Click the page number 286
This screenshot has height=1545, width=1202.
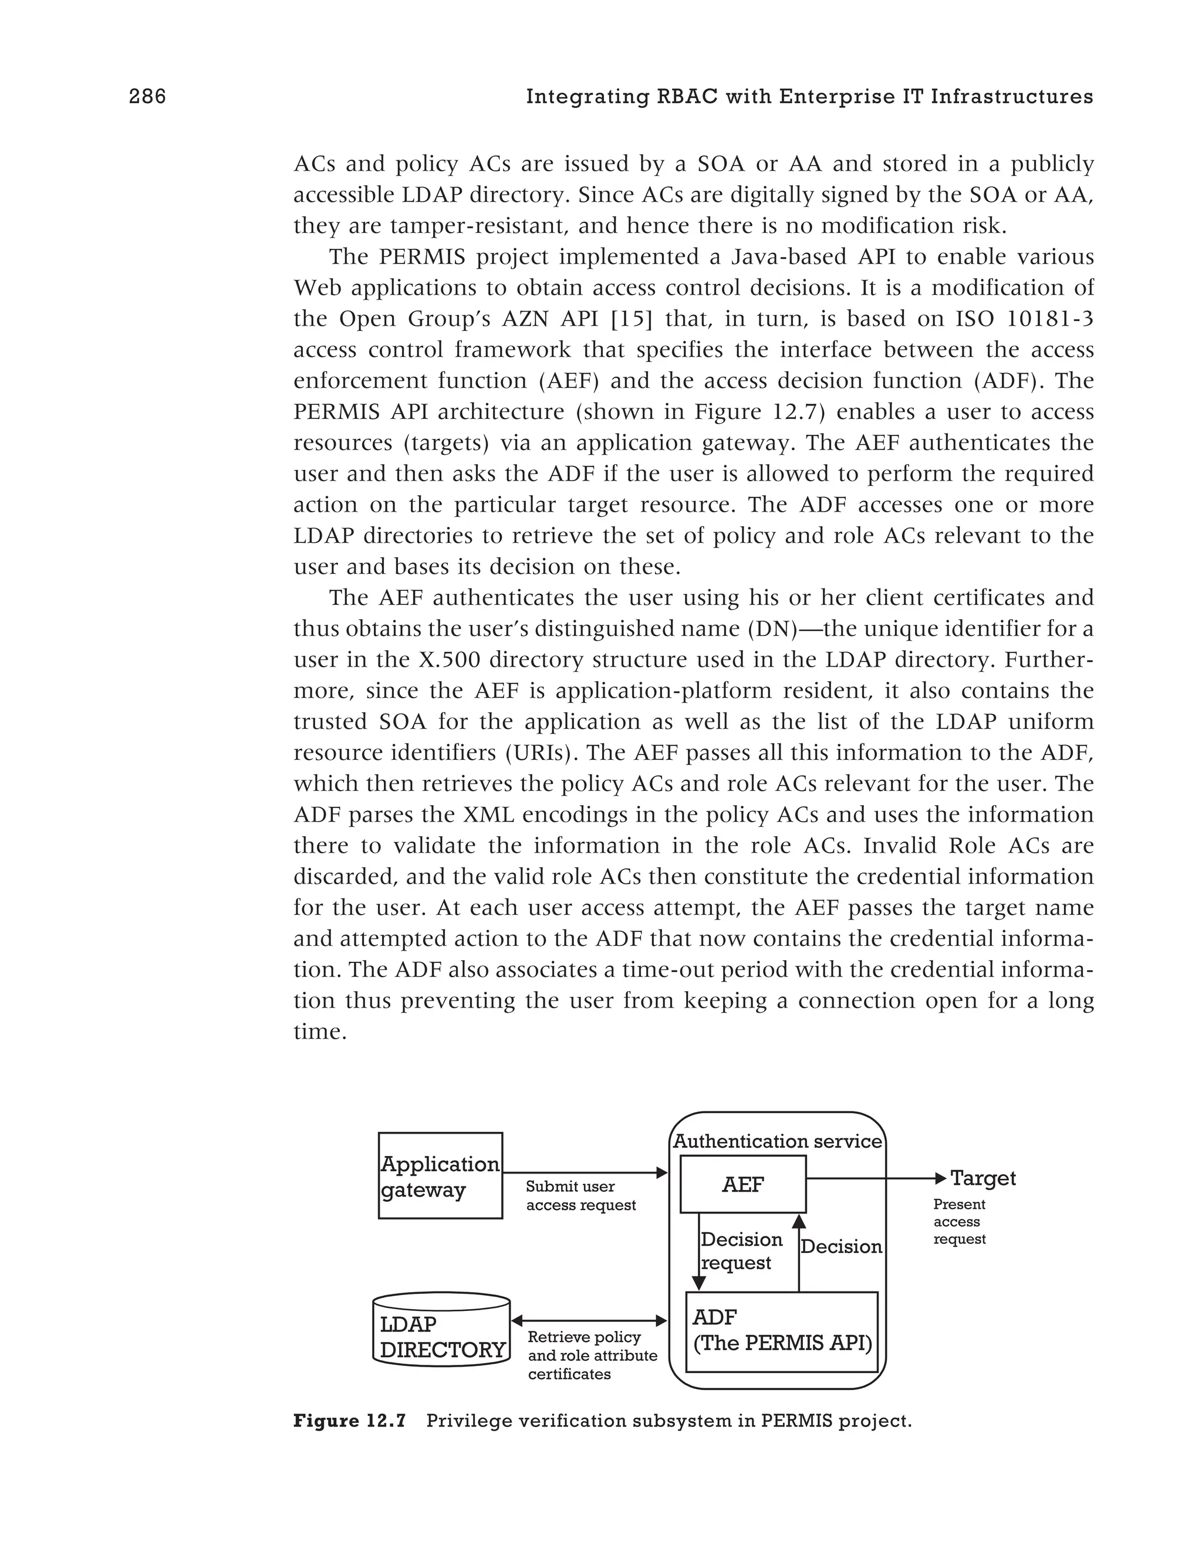147,96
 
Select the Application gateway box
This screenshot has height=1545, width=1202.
440,1176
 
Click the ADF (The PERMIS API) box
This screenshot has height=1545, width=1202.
782,1331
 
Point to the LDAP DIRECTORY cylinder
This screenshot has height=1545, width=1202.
441,1330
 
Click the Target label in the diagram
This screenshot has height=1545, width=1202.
982,1179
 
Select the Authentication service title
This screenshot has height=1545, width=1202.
778,1141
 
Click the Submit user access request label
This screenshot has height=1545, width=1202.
580,1195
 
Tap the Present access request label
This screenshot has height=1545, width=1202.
960,1222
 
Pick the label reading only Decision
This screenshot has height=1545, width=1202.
841,1246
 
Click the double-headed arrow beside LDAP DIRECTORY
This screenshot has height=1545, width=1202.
589,1321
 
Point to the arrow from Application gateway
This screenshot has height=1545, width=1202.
585,1173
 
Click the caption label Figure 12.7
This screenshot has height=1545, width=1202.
349,1421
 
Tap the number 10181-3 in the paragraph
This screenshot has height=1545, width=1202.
1049,319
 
